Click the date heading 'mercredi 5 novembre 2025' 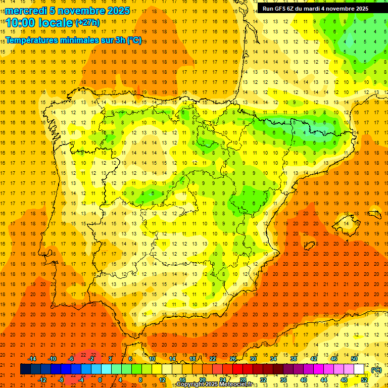(x=68, y=11)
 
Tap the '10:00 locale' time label (x=39, y=23)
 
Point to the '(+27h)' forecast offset (x=87, y=22)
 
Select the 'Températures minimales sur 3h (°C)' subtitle (x=74, y=40)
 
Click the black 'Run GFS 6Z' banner (x=315, y=9)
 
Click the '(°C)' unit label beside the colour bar (x=376, y=369)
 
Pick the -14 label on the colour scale (x=32, y=358)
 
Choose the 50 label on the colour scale (x=355, y=358)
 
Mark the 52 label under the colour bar (x=364, y=380)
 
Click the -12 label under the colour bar (x=42, y=380)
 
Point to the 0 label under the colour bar (x=101, y=380)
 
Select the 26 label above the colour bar (x=232, y=358)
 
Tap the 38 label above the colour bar (x=294, y=358)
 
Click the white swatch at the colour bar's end (x=359, y=369)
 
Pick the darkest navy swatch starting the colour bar (x=25, y=369)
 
